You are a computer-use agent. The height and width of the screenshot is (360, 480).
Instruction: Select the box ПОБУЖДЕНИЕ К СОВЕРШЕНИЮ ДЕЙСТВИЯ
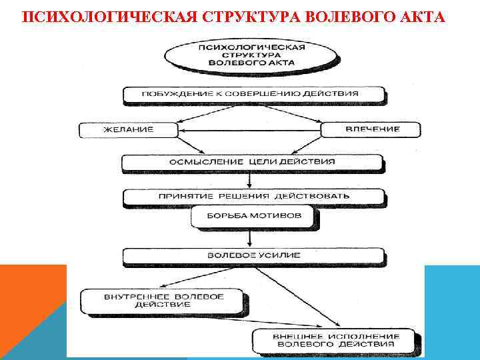pyautogui.click(x=254, y=95)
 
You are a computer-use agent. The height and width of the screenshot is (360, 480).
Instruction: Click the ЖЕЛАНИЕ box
pyautogui.click(x=128, y=129)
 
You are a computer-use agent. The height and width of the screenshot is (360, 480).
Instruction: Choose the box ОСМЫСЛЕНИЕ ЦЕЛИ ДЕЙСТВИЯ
pyautogui.click(x=253, y=162)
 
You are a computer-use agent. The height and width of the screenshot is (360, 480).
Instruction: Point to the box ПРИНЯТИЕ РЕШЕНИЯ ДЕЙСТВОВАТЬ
pyautogui.click(x=254, y=197)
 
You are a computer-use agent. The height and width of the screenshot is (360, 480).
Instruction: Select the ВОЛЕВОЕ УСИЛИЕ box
pyautogui.click(x=254, y=255)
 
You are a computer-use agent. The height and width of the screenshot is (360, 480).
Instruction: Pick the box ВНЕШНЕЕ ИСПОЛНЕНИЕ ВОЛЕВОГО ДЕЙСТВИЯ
pyautogui.click(x=337, y=340)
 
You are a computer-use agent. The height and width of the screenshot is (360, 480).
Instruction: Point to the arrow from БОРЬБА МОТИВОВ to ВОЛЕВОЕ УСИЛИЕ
pyautogui.click(x=249, y=239)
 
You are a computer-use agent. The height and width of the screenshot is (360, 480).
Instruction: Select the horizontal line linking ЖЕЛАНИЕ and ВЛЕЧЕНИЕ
pyautogui.click(x=249, y=130)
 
